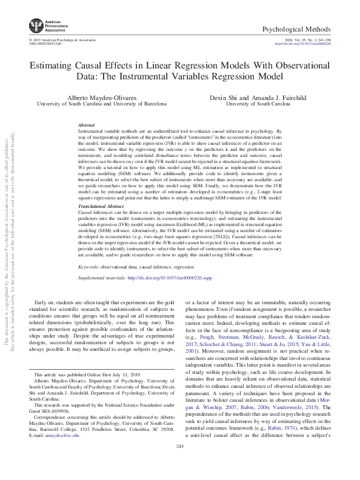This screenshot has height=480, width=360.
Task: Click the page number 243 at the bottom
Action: coord(179,464)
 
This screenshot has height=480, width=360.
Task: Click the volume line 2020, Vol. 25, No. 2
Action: coord(301,39)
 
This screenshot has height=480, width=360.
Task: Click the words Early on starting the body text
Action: coord(47,302)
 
